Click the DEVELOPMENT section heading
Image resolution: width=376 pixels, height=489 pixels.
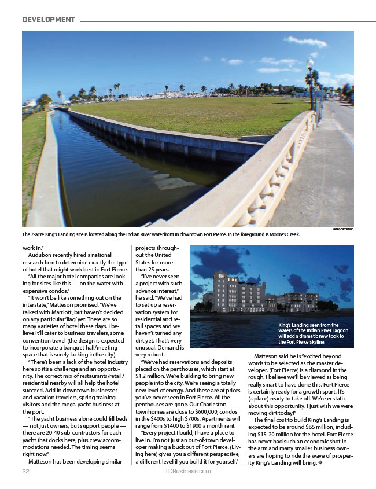(x=49, y=20)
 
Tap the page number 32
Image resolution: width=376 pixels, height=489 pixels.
(x=25, y=471)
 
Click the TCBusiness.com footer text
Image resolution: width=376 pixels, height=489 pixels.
(x=187, y=471)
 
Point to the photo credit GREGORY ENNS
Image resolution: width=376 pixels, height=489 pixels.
(x=342, y=230)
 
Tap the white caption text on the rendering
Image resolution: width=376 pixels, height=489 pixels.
(x=312, y=333)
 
